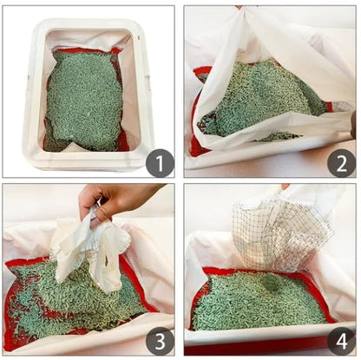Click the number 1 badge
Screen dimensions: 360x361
(159, 161)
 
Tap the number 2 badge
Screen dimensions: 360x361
(340, 161)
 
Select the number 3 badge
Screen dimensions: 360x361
(159, 341)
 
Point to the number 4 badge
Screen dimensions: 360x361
(340, 341)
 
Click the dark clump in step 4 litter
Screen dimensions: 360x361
(272, 284)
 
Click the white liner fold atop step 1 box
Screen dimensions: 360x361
(87, 39)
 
